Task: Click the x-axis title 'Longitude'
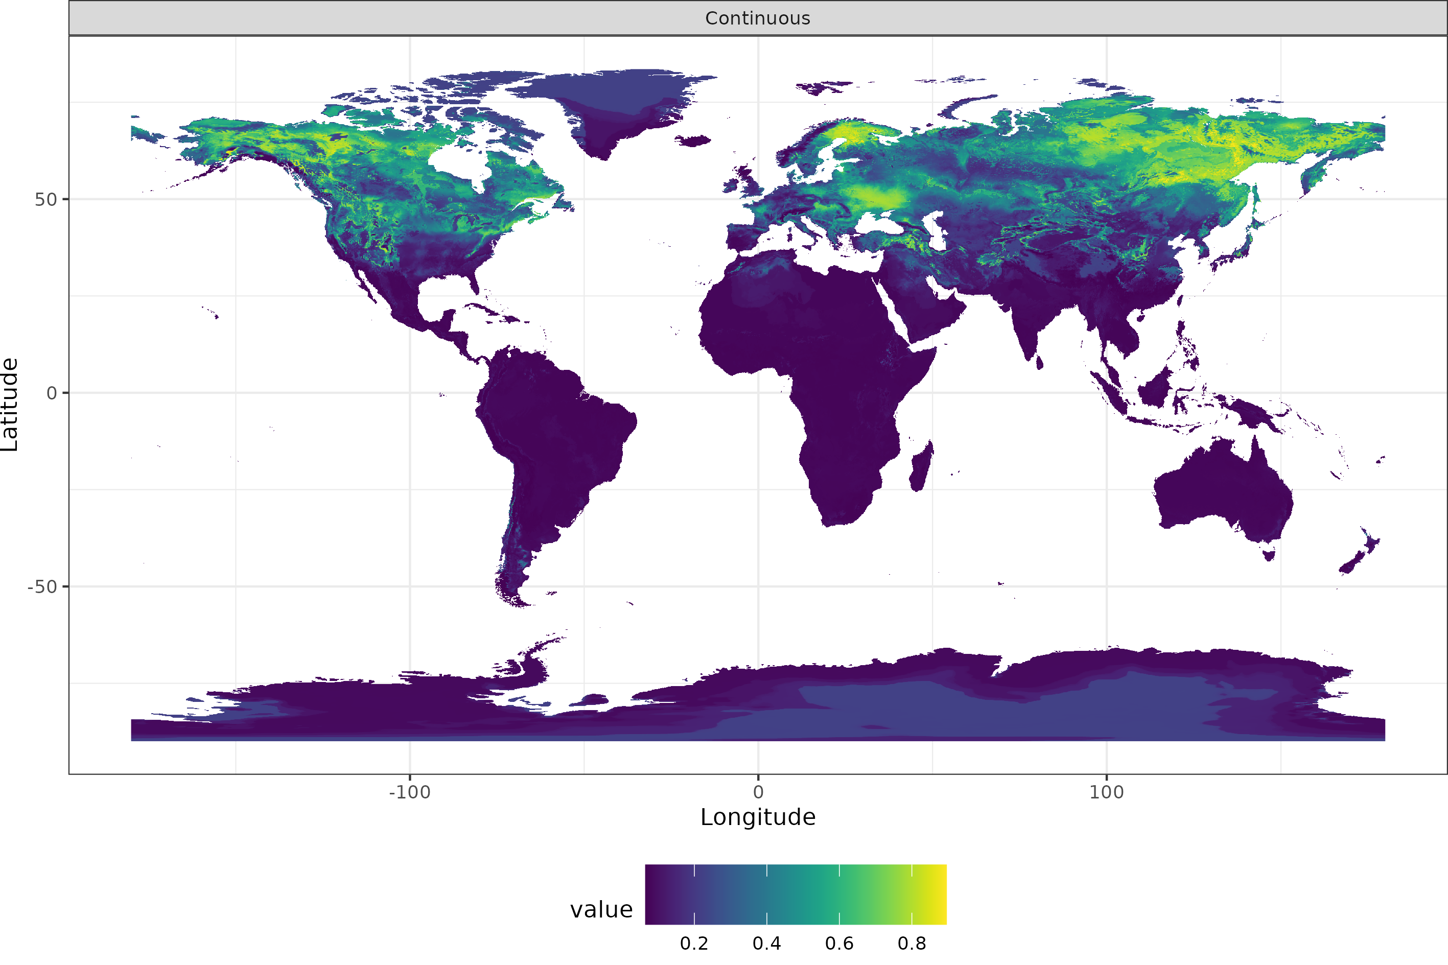click(758, 817)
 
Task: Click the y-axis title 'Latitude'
click(10, 405)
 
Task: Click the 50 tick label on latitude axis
click(45, 199)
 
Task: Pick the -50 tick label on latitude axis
click(42, 587)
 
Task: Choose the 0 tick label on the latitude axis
click(52, 393)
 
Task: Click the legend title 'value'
click(601, 910)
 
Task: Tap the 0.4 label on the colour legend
click(766, 944)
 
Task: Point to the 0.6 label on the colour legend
click(839, 944)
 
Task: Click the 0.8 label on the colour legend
click(912, 944)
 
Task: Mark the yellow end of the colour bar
click(941, 894)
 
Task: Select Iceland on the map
click(693, 141)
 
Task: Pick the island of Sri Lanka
click(1039, 363)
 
